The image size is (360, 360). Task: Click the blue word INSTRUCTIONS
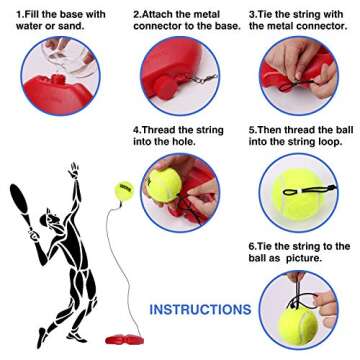point(199,310)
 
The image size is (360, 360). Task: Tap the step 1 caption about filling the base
point(54,21)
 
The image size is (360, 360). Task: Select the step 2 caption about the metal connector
point(186,21)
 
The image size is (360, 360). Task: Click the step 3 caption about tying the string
point(300,21)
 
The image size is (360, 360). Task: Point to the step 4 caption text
point(178,136)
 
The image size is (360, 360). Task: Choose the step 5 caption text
point(300,136)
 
